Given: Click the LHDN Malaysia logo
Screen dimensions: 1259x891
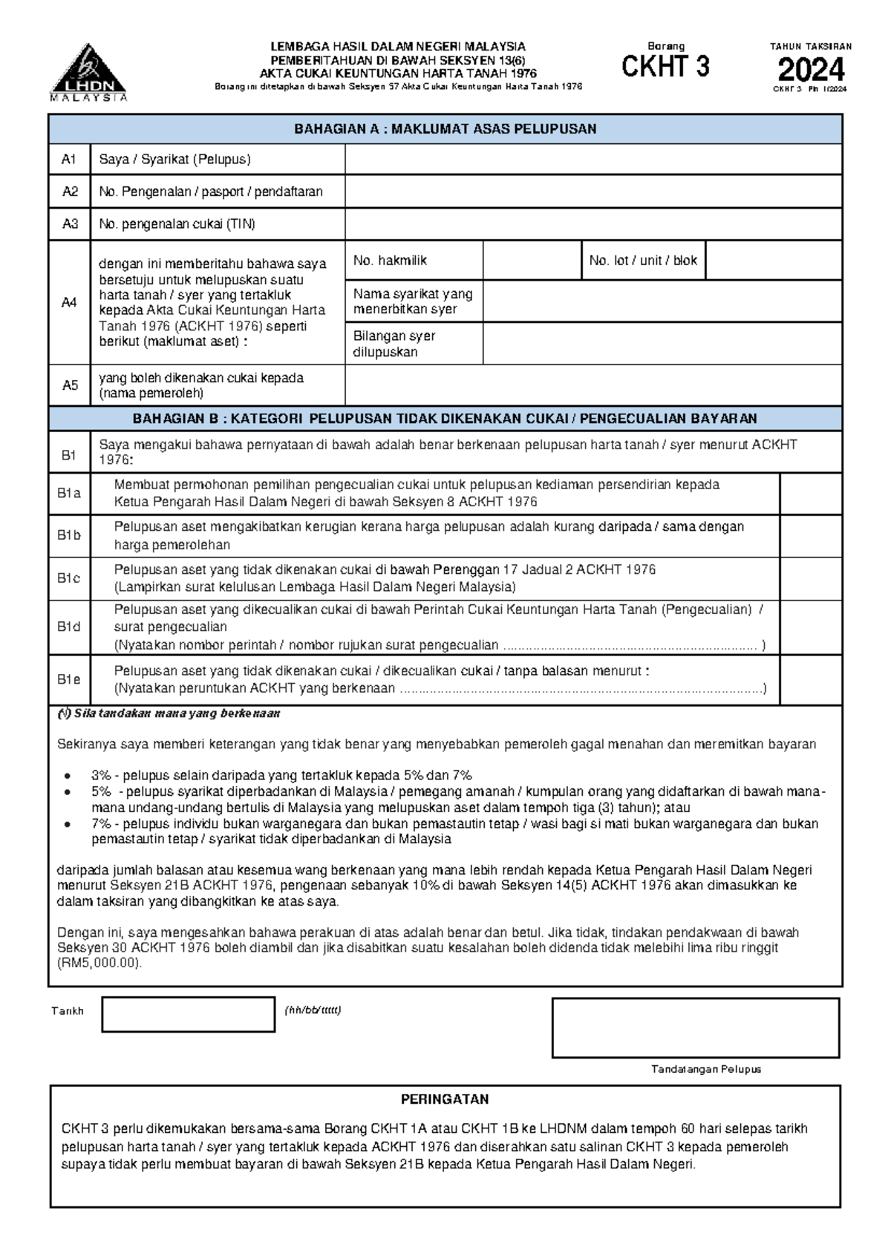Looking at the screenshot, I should click(x=88, y=73).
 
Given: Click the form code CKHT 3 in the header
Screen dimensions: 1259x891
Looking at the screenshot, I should click(x=665, y=67).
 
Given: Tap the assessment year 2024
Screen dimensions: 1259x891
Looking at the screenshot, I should click(x=811, y=70).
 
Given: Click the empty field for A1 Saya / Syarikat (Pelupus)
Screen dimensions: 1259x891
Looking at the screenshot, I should click(x=593, y=160).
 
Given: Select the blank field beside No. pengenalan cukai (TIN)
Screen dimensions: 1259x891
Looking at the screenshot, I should click(x=593, y=224).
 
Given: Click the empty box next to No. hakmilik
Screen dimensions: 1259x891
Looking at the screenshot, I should click(x=531, y=261).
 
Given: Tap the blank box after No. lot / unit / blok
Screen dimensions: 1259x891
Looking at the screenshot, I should click(x=773, y=261).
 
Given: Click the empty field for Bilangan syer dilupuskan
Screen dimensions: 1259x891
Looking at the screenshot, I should click(x=662, y=344).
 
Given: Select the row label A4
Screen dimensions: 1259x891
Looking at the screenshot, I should click(x=69, y=303).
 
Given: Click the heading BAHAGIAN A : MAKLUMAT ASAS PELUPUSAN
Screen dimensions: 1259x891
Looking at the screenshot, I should click(x=445, y=129).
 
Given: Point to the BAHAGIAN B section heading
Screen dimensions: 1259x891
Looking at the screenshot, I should click(x=445, y=419).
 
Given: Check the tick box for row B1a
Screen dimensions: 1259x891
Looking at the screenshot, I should click(x=811, y=494).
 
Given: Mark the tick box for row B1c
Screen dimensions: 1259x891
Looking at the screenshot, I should click(x=811, y=578).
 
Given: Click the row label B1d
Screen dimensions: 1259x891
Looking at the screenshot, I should click(x=69, y=627).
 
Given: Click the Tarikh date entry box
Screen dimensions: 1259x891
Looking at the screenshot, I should click(x=188, y=1015).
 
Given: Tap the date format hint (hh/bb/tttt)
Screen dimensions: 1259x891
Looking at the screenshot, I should click(x=312, y=1010).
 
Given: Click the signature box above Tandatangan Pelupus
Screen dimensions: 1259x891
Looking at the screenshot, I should click(x=695, y=1027).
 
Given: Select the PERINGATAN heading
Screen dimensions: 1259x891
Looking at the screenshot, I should click(x=445, y=1099).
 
